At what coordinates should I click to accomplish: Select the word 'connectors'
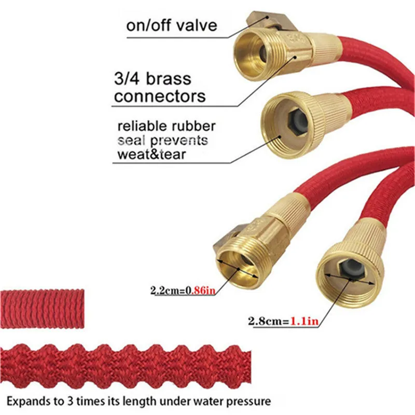(160, 96)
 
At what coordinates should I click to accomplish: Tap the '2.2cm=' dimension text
(166, 291)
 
